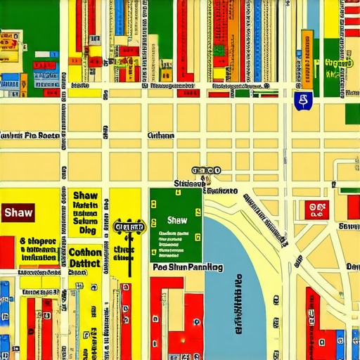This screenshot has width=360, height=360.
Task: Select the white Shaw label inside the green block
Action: pyautogui.click(x=177, y=220)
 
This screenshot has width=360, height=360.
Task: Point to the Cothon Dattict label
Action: pyautogui.click(x=85, y=258)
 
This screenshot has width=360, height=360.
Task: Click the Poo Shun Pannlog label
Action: pyautogui.click(x=187, y=268)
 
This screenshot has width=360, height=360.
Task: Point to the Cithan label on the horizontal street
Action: pyautogui.click(x=161, y=136)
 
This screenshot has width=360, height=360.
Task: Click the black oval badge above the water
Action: pyautogui.click(x=206, y=170)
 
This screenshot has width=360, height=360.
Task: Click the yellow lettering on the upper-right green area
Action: pyautogui.click(x=339, y=65)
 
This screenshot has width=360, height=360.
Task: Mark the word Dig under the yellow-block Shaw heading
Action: pyautogui.click(x=87, y=230)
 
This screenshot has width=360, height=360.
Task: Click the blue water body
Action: pyautogui.click(x=232, y=295)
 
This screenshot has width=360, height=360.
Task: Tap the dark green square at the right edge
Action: pyautogui.click(x=352, y=112)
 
